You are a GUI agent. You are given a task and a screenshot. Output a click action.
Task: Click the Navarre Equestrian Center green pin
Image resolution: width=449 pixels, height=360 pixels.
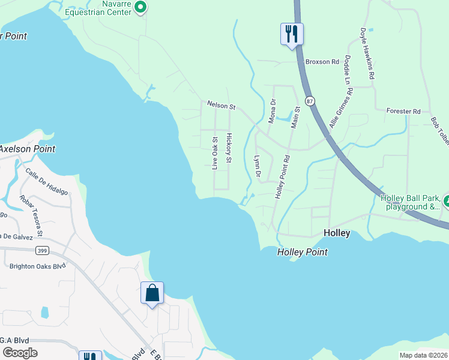140,7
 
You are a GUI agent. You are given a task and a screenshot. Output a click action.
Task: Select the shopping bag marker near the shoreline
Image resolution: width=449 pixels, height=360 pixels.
152,293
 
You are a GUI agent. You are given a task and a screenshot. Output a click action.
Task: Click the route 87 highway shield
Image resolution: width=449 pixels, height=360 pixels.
309,101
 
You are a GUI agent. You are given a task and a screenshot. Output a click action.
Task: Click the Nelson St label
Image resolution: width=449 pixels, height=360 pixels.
221,106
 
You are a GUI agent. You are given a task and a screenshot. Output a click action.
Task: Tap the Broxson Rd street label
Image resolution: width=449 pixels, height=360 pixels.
322,62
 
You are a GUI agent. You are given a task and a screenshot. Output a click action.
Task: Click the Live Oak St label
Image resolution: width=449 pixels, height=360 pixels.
215,152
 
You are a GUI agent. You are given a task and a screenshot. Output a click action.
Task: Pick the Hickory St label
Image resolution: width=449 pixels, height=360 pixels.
229,148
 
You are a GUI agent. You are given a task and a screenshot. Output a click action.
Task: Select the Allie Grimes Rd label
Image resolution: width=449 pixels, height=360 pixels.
341,107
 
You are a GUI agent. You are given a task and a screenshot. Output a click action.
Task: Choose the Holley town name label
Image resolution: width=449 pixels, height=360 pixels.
337,233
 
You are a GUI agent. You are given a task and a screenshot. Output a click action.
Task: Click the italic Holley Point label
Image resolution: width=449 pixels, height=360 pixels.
303,253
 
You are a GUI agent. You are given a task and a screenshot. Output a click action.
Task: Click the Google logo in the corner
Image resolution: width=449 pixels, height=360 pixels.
20,353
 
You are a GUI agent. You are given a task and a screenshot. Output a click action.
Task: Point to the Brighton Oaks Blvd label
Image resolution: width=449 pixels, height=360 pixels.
37,265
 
